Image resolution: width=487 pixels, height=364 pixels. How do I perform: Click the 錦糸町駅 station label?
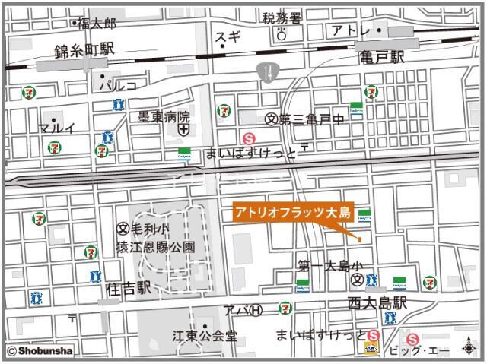84,50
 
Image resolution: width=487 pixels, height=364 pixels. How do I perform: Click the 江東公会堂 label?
204,335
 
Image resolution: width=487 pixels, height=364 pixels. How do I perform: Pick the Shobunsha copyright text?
41,351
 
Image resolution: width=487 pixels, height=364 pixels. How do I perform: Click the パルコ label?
121,86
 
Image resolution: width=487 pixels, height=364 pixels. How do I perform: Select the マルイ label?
57,128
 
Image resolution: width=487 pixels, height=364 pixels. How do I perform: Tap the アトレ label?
352,30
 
